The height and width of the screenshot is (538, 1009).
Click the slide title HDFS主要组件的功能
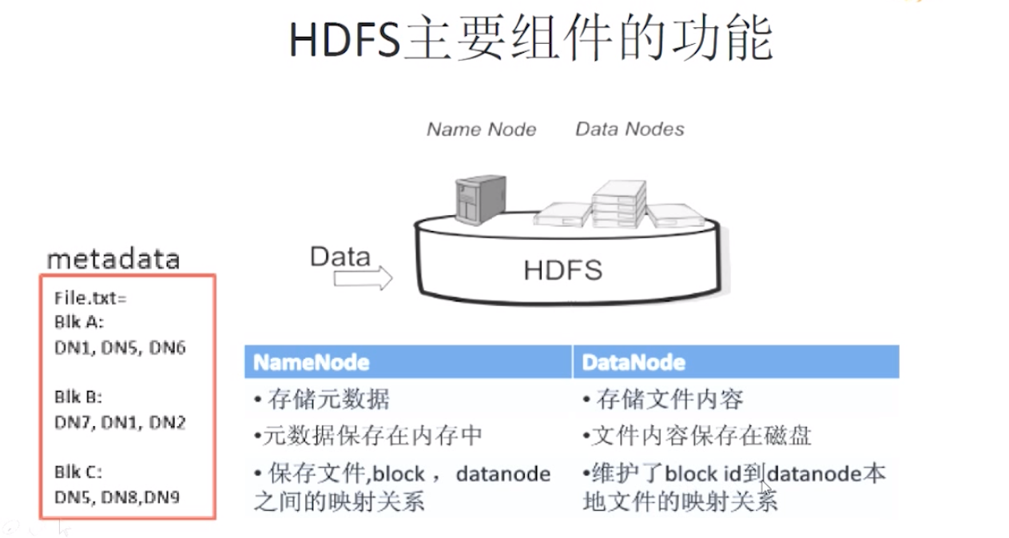pyautogui.click(x=530, y=40)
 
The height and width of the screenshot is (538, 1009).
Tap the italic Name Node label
pyautogui.click(x=481, y=130)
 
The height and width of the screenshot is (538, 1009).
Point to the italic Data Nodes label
pyautogui.click(x=630, y=129)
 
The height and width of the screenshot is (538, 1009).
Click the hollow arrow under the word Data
pyautogui.click(x=363, y=278)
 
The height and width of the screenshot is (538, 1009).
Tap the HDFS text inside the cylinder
pyautogui.click(x=562, y=270)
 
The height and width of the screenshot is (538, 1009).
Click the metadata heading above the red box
pyautogui.click(x=113, y=259)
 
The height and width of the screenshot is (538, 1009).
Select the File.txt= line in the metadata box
pyautogui.click(x=90, y=298)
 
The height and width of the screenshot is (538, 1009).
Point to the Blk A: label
pyautogui.click(x=79, y=323)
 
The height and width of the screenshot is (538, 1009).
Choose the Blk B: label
pyautogui.click(x=78, y=397)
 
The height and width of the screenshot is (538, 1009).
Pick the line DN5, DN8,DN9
pyautogui.click(x=117, y=496)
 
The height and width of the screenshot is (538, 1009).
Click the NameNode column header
pyautogui.click(x=312, y=362)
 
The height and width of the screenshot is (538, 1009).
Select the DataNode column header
pyautogui.click(x=634, y=362)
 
